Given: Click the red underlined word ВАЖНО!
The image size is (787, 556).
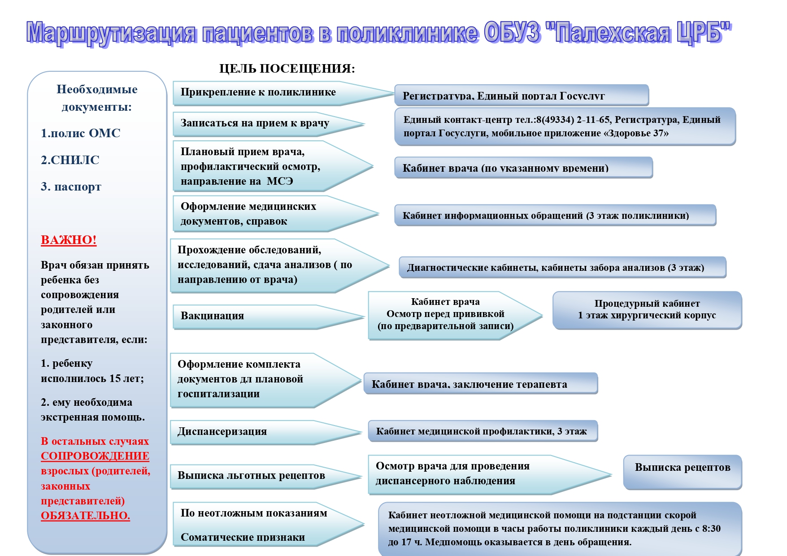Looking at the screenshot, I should tap(69, 240).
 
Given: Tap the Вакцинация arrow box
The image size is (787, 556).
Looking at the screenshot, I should tap(251, 316).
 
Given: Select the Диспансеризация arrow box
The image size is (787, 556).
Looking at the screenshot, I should tap(251, 432).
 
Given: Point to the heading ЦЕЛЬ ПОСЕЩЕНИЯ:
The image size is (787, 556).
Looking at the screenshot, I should tap(287, 69).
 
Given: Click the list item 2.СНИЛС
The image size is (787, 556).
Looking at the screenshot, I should tap(70, 160).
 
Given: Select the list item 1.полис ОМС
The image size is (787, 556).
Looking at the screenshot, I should tap(81, 133).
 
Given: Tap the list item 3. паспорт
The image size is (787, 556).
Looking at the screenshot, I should tap(71, 187).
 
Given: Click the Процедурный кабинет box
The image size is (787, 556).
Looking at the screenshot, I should tap(647, 310).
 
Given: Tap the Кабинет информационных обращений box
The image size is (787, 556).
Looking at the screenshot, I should tap(555, 216).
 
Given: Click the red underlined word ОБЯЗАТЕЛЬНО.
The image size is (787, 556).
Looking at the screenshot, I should tap(85, 516).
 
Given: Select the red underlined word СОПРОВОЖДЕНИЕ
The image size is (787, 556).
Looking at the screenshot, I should tap(95, 456).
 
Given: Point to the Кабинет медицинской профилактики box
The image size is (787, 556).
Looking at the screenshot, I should tap(482, 431).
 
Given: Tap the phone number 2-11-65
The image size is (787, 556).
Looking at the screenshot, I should tap(593, 120).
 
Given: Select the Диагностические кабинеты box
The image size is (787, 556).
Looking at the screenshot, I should tap(562, 268).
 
